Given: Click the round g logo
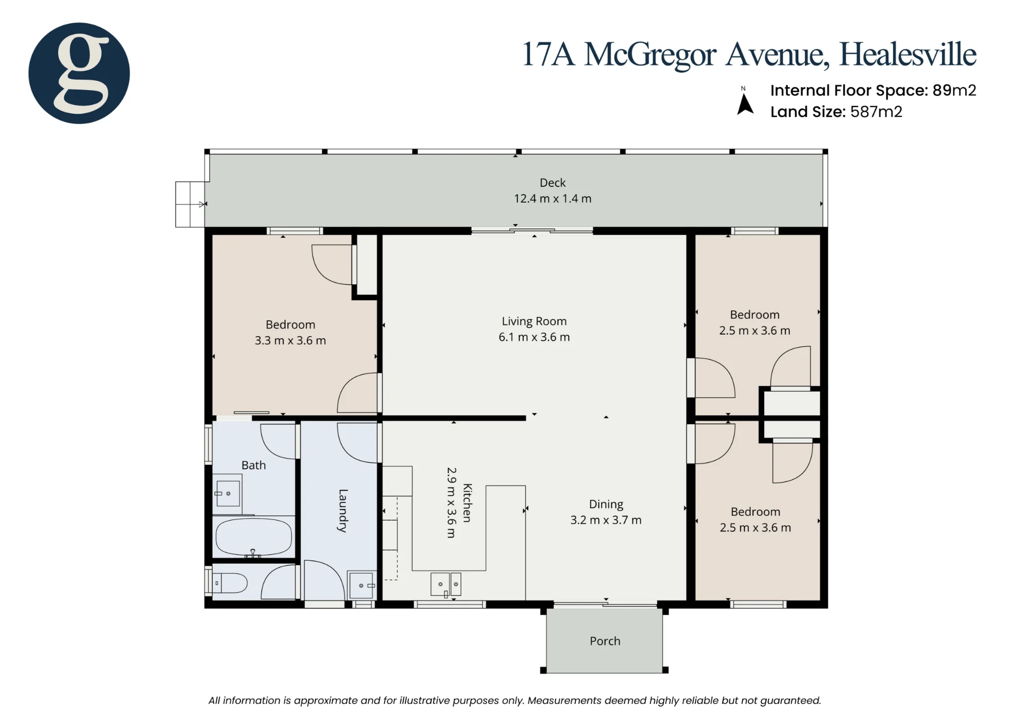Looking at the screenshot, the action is pos(79,73).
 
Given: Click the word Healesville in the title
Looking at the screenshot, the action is pos(907,54).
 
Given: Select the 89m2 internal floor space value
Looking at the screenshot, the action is pos(954,91).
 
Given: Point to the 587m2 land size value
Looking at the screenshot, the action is pos(876,112).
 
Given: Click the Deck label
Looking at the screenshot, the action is pos(553,183).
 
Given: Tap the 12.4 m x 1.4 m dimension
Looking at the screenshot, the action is pos(553,199).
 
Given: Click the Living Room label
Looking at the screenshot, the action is pos(534,321).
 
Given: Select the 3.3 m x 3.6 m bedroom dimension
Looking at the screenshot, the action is pos(290,341).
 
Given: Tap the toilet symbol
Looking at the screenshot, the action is pos(231,583).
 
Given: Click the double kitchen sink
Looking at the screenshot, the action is pos(445,584).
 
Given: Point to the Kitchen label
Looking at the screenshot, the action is pos(467,502).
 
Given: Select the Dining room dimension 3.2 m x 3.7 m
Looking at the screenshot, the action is pos(606,521).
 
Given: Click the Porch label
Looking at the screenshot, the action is pos(605,641).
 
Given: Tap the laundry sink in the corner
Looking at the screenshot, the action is pos(362,584).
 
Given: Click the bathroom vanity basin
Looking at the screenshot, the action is pos(227,493).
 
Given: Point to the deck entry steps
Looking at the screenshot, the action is pos(191,204).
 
